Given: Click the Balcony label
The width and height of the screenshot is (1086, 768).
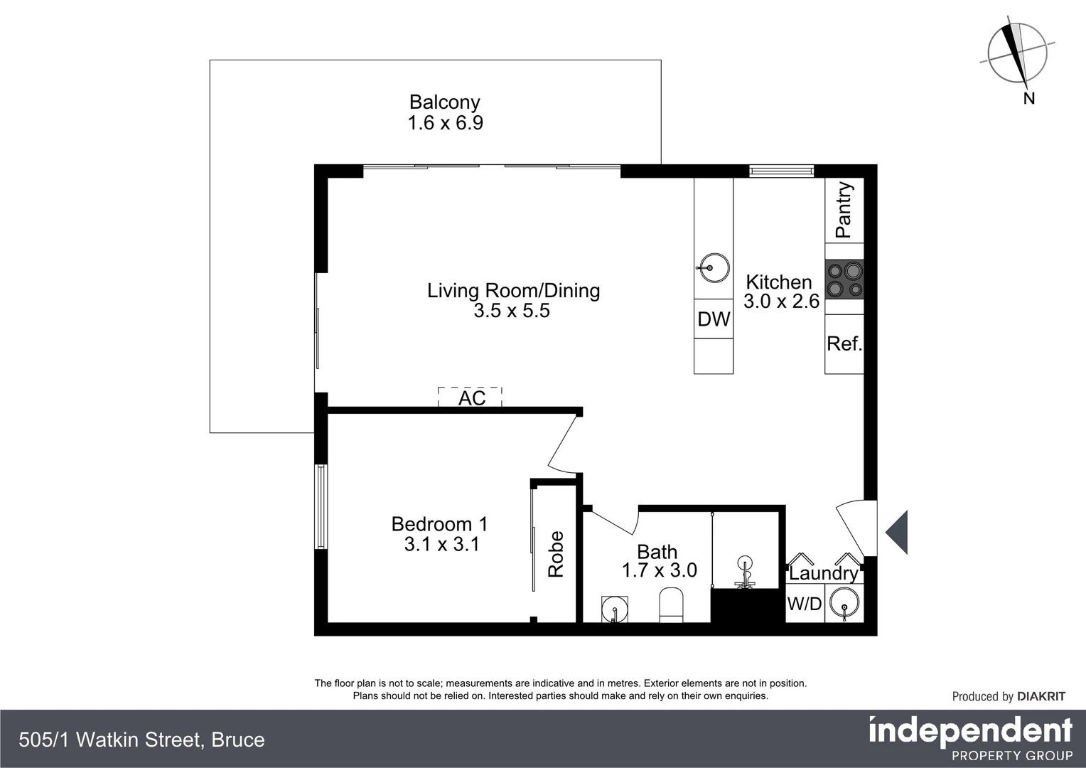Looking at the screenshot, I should [444, 102].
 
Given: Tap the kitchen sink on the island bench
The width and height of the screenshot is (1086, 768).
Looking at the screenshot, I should [713, 268].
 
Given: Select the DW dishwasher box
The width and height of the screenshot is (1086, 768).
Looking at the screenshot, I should [714, 319].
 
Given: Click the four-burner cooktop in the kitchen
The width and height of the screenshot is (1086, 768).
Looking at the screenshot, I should [844, 279].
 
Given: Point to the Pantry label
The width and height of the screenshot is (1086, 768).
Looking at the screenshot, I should [844, 210].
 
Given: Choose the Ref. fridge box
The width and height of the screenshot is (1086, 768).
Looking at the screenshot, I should [844, 344].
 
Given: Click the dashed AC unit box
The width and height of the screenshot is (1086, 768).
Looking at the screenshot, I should [471, 397].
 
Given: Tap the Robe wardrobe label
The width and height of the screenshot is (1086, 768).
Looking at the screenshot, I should [556, 554].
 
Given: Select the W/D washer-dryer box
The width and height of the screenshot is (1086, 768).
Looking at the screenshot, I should [805, 604].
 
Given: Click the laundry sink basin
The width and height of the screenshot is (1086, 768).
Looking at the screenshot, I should [844, 604].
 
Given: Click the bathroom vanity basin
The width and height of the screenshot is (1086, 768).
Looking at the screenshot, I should [615, 609].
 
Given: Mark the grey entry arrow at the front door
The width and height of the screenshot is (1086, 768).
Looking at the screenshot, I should [897, 533].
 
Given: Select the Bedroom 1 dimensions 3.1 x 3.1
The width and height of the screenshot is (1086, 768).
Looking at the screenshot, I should [441, 545].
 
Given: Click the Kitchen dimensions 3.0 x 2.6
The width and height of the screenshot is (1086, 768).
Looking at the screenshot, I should [781, 302].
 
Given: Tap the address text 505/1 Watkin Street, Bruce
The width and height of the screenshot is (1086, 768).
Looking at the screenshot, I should [142, 740].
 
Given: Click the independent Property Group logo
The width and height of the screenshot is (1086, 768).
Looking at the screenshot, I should [970, 739].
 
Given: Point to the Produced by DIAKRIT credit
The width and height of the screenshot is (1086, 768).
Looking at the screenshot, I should [1009, 697].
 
